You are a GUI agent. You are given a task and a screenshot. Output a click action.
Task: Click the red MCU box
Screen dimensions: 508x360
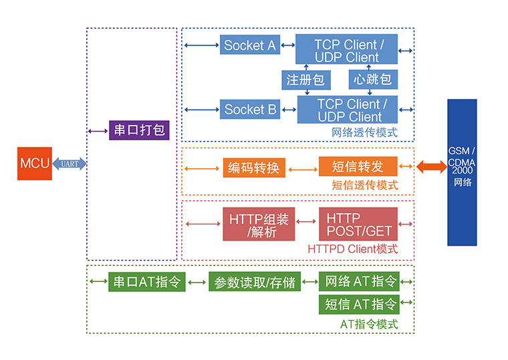(35, 164)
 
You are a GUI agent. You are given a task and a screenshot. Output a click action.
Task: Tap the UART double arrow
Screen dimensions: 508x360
(70, 164)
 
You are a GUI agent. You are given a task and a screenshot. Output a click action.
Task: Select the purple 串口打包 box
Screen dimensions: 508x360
(139, 130)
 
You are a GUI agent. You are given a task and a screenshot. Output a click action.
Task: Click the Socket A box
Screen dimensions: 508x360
(250, 45)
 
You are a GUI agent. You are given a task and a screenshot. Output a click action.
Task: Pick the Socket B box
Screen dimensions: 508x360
(250, 110)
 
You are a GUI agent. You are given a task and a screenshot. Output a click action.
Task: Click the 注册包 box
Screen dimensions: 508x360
(306, 80)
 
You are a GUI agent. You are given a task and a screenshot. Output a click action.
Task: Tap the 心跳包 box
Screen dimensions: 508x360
(373, 79)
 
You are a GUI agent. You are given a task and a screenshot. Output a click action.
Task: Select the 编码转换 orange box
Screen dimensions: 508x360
(254, 168)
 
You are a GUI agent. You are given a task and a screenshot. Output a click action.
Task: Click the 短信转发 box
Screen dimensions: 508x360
(358, 166)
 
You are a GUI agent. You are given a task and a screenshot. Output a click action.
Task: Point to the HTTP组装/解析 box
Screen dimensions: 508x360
(259, 224)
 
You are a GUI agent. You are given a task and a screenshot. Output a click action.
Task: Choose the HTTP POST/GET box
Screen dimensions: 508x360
(358, 224)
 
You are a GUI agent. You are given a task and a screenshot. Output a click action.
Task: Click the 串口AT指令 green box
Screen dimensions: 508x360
(147, 282)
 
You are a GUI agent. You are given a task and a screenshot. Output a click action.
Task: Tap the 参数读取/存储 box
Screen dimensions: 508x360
(255, 282)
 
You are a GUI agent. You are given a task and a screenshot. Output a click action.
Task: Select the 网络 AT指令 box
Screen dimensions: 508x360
(359, 282)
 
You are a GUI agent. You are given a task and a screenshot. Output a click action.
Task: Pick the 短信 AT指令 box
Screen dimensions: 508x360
(359, 305)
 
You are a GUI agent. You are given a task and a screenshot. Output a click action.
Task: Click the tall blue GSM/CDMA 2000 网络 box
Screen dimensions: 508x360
(462, 172)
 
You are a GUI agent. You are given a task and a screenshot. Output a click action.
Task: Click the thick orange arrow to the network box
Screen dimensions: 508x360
(432, 167)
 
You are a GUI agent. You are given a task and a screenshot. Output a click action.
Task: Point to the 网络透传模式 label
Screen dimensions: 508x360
(364, 132)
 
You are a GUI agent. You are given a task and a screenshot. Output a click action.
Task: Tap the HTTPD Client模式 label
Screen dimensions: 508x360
(352, 249)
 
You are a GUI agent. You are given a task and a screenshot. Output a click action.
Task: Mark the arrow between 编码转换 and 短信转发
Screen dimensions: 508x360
(303, 170)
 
